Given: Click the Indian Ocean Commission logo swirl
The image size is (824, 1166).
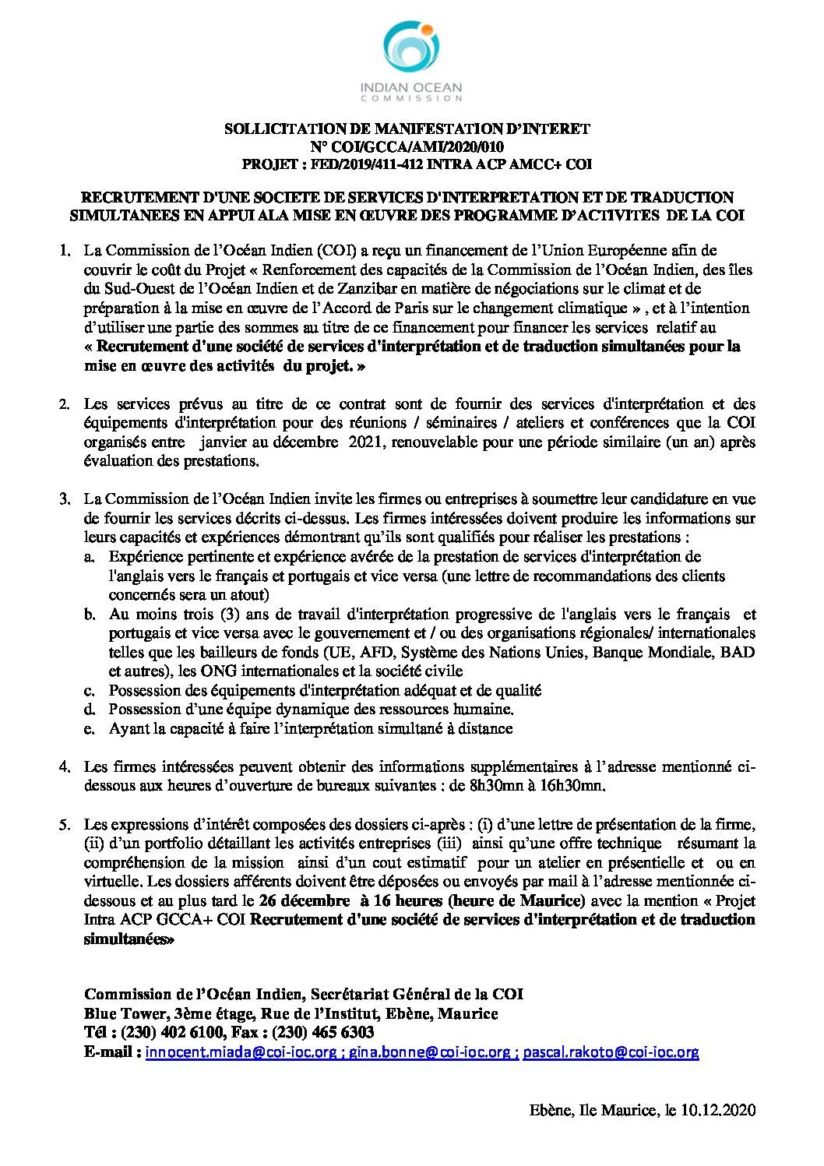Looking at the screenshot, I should tap(411, 50).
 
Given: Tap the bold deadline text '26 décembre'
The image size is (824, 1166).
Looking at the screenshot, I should tap(304, 900).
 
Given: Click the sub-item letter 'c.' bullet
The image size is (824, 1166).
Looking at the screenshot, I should tap(90, 691).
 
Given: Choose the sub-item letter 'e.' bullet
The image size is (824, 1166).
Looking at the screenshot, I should tap(90, 729).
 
